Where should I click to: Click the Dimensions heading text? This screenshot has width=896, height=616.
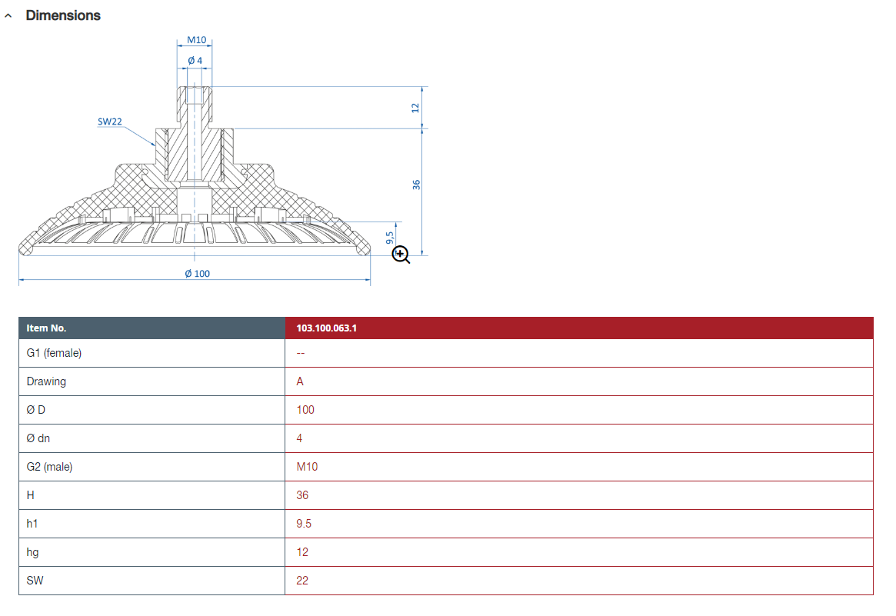coord(63,15)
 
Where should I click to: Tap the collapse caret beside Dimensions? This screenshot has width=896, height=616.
coord(8,16)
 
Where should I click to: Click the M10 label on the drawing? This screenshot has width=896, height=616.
coord(197,40)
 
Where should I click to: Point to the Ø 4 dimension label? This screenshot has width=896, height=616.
coord(195,61)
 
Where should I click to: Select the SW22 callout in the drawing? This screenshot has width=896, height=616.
coord(110,122)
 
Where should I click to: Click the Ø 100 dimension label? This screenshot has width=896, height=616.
coord(197,274)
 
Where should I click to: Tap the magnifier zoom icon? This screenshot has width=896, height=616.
coord(401,255)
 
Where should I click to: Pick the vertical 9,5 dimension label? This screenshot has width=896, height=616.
coord(390,237)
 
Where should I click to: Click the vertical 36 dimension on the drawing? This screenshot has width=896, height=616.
coord(416,185)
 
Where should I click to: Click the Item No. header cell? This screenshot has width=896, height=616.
coord(46,328)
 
